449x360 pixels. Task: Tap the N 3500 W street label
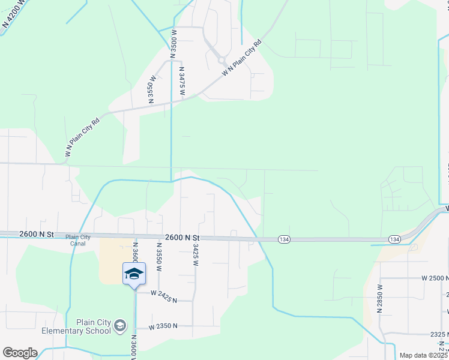(174, 43)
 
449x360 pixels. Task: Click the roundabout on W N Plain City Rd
(221, 60)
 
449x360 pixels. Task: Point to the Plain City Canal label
(78, 240)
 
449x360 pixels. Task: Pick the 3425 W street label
(196, 254)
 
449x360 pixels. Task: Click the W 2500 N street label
(435, 279)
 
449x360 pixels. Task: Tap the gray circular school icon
(120, 326)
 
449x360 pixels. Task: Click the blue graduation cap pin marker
(134, 274)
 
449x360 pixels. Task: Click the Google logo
(19, 353)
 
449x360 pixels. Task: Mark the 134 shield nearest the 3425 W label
(283, 239)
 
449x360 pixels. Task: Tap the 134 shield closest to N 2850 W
(394, 239)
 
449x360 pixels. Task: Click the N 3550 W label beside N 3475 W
(152, 89)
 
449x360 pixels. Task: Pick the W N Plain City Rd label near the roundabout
(243, 58)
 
